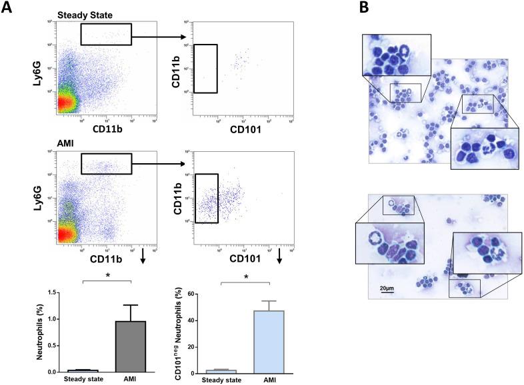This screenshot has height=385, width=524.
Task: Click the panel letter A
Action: (x=7, y=7)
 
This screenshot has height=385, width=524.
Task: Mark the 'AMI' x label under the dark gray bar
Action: (x=131, y=381)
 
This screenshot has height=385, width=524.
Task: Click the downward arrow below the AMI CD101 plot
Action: (x=279, y=255)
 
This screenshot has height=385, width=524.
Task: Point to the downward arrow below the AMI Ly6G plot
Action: (x=141, y=255)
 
